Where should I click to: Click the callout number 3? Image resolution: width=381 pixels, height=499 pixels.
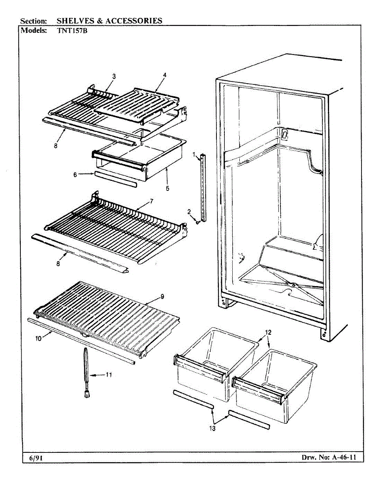click(114, 77)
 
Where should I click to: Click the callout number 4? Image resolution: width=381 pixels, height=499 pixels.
click(165, 75)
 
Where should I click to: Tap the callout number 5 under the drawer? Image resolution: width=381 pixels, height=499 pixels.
click(167, 188)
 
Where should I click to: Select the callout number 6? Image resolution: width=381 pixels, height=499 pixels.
click(75, 175)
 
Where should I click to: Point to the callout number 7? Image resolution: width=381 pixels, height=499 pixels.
click(152, 201)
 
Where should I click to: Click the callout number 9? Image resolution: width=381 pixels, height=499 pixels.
click(162, 296)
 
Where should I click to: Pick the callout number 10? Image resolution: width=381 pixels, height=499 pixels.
click(38, 338)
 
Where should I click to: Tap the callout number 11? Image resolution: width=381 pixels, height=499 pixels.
click(108, 374)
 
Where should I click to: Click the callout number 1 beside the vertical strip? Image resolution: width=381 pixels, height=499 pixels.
click(194, 155)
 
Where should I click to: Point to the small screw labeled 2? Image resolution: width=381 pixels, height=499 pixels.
click(198, 222)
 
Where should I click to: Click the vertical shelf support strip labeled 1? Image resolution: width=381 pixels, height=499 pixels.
click(202, 187)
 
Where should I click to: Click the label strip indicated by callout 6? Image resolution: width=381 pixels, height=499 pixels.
click(114, 179)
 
